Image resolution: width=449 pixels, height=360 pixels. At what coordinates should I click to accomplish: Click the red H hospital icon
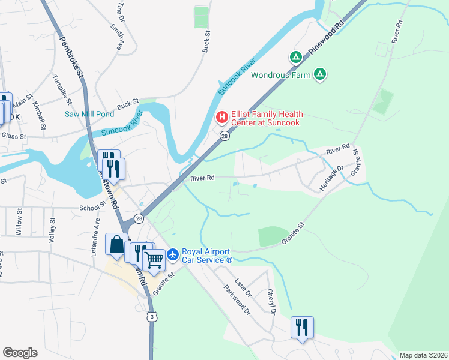221,116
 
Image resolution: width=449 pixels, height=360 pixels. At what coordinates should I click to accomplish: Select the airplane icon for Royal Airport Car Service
173,255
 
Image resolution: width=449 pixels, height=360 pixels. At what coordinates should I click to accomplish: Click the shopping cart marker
154,260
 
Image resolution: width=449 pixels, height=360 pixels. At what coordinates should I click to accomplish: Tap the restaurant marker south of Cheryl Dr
302,328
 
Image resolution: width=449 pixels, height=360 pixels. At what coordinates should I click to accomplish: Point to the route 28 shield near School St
139,218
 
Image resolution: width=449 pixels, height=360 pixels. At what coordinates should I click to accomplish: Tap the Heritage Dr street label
331,179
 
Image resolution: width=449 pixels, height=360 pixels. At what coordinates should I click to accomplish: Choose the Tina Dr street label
121,11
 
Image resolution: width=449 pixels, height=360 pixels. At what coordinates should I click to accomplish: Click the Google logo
20,353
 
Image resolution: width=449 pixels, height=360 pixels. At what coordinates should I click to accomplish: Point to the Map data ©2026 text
423,355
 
